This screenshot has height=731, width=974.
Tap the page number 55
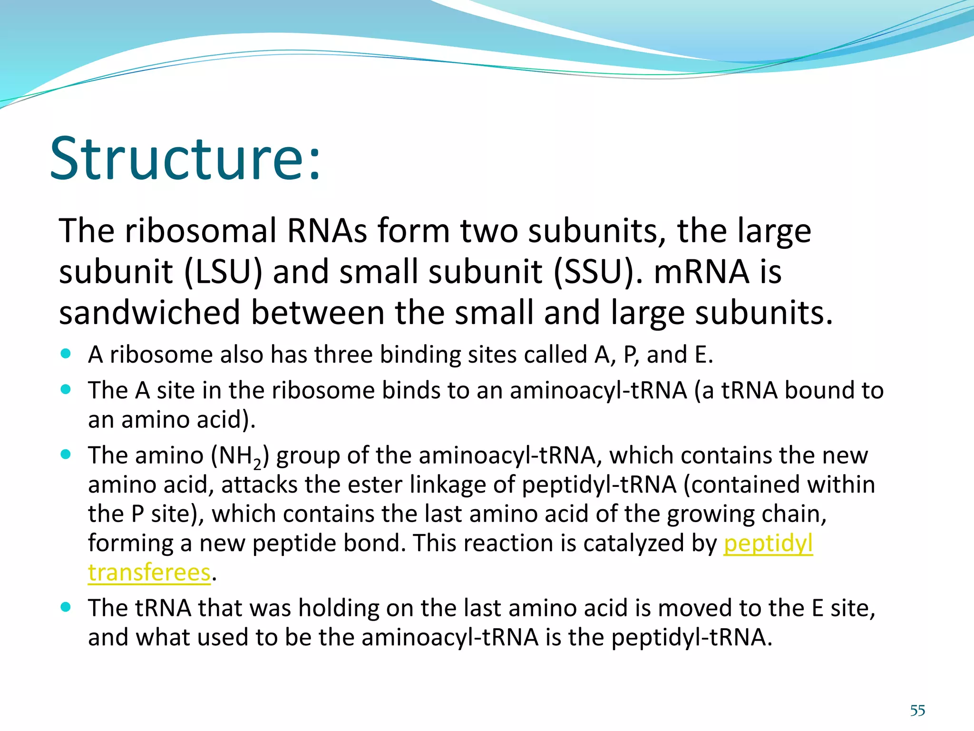click(917, 711)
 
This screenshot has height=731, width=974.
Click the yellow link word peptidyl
click(768, 543)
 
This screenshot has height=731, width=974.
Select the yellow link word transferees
click(149, 573)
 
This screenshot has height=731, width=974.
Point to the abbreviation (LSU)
click(223, 272)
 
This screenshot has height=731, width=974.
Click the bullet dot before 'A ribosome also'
click(66, 354)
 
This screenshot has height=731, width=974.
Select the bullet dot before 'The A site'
click(66, 389)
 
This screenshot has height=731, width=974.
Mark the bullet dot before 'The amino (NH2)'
click(66, 454)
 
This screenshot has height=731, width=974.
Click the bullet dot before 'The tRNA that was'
click(66, 607)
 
